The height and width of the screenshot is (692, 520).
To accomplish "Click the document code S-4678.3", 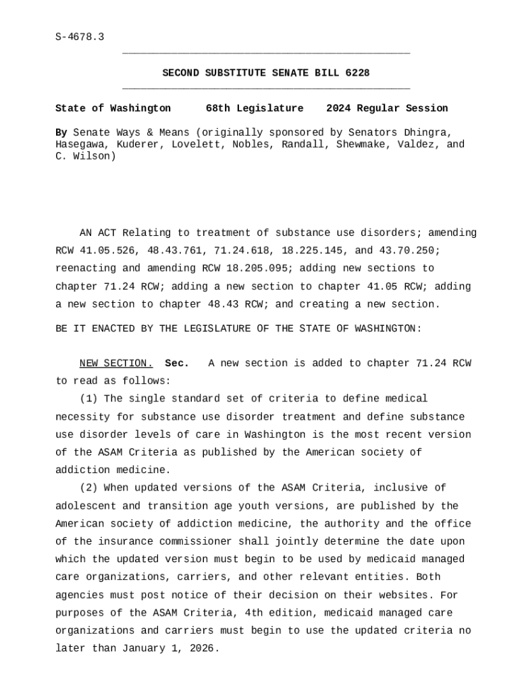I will tap(80, 36).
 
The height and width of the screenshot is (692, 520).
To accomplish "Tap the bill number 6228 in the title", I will tap(357, 73).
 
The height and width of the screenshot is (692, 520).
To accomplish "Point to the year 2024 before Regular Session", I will tap(338, 109).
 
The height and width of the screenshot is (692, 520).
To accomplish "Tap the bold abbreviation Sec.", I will tap(177, 364).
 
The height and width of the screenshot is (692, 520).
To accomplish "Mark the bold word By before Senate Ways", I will tap(61, 132).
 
